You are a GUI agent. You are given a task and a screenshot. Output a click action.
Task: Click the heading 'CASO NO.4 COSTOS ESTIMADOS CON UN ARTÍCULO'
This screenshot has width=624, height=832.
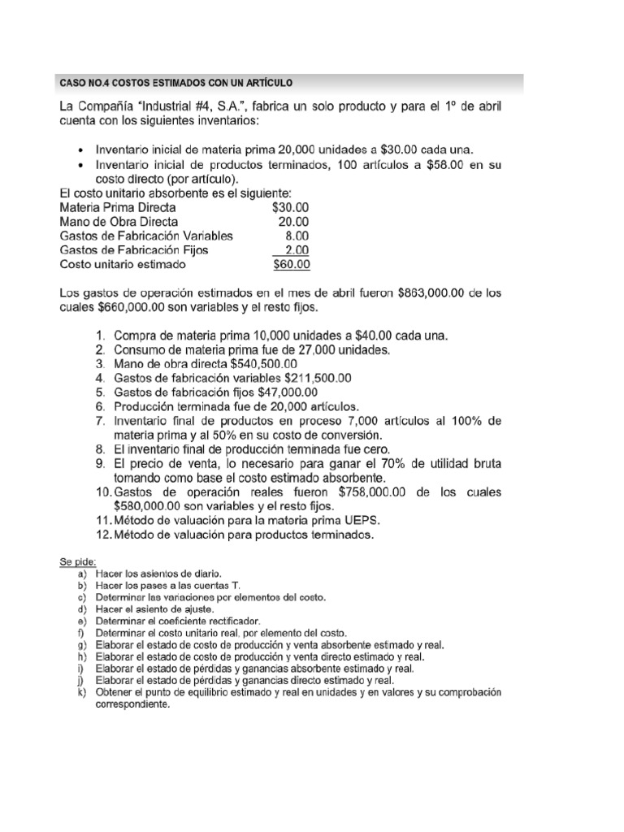point(175,83)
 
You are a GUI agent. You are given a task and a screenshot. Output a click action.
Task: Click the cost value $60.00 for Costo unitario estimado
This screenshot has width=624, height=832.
point(292,265)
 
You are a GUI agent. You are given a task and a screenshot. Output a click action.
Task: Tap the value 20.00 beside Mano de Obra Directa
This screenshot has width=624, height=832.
point(294,221)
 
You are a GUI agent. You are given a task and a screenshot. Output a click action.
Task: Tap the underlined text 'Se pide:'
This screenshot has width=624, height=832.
point(77,562)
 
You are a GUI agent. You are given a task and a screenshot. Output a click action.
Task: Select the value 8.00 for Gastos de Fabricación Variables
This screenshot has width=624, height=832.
point(297,236)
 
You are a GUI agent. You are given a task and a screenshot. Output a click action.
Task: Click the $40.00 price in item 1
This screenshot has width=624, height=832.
point(368,336)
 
